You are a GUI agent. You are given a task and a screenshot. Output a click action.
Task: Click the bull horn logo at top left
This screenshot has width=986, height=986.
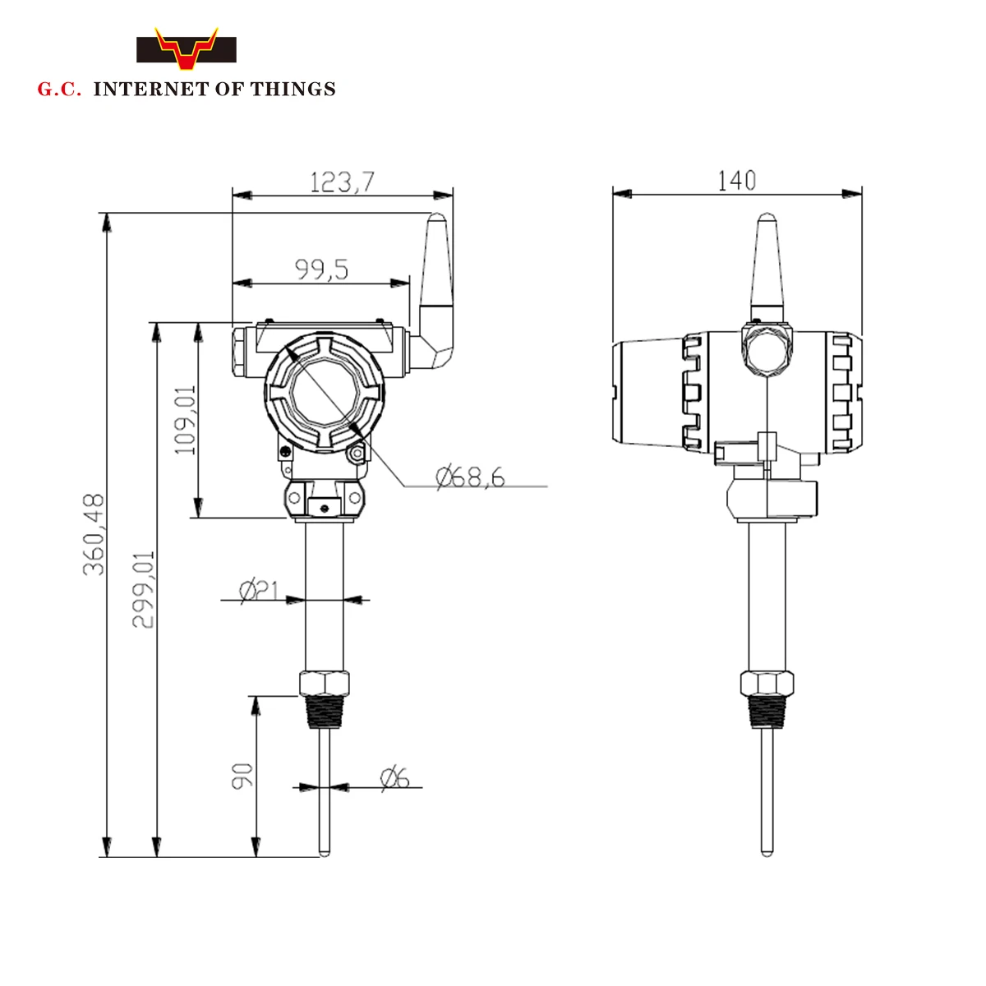187,49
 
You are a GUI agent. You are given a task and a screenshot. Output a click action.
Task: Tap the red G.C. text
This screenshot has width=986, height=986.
59,90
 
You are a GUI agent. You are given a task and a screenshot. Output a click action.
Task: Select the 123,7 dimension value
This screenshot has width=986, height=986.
342,182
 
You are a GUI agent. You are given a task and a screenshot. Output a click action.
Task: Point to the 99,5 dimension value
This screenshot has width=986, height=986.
321,269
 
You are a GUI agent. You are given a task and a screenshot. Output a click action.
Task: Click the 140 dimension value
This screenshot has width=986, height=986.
736,181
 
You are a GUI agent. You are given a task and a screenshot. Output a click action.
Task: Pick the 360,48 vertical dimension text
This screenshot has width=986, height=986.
94,534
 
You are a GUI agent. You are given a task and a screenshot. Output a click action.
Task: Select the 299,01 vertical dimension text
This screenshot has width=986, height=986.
144,589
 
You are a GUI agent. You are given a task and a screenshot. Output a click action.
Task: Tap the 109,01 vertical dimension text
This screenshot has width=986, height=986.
186,420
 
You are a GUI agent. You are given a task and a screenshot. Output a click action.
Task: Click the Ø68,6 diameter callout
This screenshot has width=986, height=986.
470,477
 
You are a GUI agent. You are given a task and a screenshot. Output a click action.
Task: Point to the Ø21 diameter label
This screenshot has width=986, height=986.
259,590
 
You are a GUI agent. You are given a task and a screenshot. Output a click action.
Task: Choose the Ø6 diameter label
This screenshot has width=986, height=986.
395,777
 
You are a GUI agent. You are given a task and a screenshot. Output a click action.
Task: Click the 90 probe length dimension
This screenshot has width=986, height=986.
242,776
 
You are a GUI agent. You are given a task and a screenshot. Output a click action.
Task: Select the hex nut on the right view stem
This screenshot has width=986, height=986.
767,684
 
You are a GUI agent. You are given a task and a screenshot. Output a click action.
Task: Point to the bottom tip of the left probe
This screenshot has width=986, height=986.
325,852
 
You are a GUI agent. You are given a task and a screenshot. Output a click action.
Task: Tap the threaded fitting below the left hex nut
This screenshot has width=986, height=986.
325,712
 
